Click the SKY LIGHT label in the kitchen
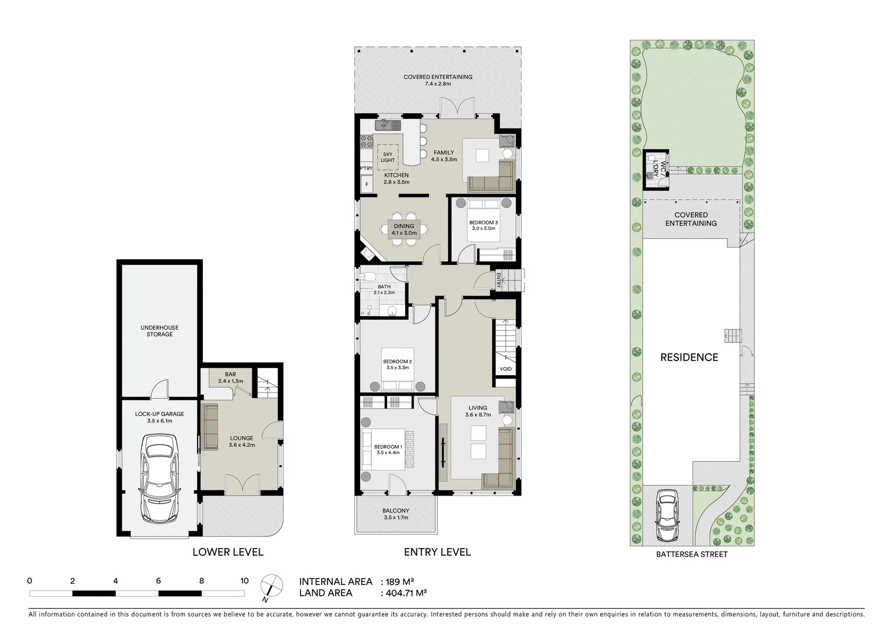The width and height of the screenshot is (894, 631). tap(388, 157)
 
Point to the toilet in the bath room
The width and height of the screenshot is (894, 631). tap(368, 276)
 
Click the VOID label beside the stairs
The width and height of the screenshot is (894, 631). tap(506, 369)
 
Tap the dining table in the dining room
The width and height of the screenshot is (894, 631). tap(404, 229)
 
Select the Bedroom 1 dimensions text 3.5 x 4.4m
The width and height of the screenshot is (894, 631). tap(388, 453)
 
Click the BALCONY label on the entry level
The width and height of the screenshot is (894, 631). tap(396, 511)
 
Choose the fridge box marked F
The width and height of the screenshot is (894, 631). tap(367, 185)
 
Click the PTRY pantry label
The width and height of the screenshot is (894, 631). tap(366, 168)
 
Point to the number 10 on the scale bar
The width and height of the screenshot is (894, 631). tap(244, 581)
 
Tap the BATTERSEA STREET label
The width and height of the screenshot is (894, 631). tap(692, 554)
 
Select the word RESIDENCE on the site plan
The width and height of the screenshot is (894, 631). tap(689, 358)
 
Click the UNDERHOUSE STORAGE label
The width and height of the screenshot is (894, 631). tap(160, 331)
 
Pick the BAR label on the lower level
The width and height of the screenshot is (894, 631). tap(230, 375)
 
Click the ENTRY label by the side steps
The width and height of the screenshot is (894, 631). tap(499, 280)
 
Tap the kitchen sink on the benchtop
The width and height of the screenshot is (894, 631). tap(385, 124)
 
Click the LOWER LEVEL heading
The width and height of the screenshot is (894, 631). tap(228, 552)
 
